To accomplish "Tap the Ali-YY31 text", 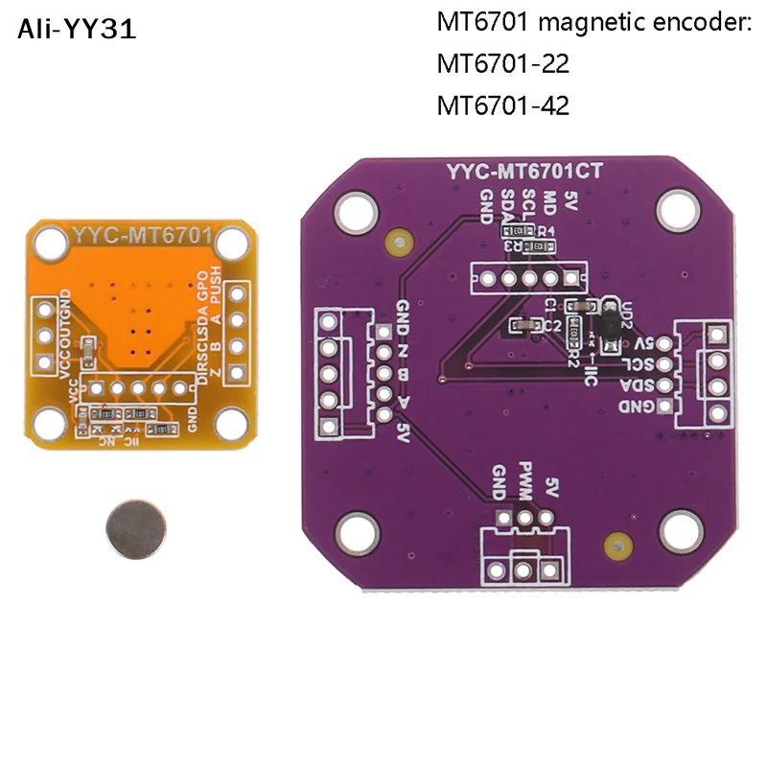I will coord(77,30).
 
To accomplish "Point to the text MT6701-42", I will coord(502,105).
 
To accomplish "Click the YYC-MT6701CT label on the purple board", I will coord(529,174).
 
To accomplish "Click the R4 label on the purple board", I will coord(547,230).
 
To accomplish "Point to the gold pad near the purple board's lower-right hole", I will coord(616,547).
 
